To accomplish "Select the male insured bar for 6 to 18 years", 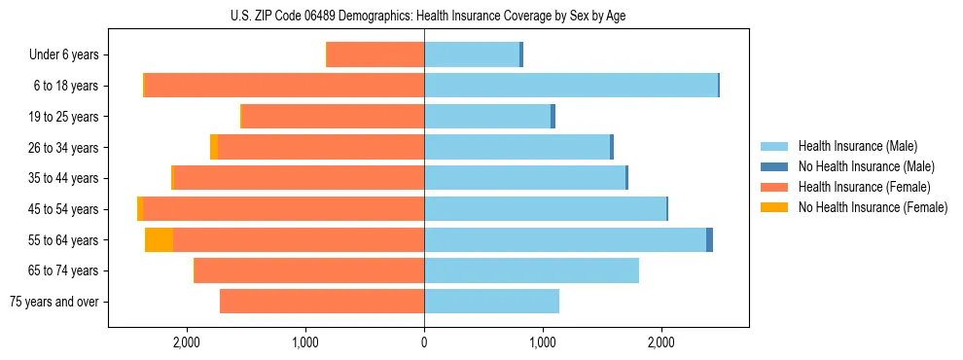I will coord(571,86).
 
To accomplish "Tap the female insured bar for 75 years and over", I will coord(322,302).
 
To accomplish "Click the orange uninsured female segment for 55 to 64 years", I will coord(159,240).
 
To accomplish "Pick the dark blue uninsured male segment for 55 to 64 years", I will coord(709,240).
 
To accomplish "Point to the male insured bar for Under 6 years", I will coord(472,54).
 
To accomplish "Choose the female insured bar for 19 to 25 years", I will coord(333,117).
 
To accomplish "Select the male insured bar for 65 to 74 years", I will coord(531,270).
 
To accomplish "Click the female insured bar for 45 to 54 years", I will coord(284,209).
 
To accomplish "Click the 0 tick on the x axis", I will coord(424,342).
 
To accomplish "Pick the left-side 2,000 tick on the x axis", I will coord(186,342).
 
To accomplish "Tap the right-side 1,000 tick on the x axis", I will coord(543,342).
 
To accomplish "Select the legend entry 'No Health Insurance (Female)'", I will coord(872,207).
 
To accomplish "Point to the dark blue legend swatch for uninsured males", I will coord(774,166).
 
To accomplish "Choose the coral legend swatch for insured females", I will coord(774,187).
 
